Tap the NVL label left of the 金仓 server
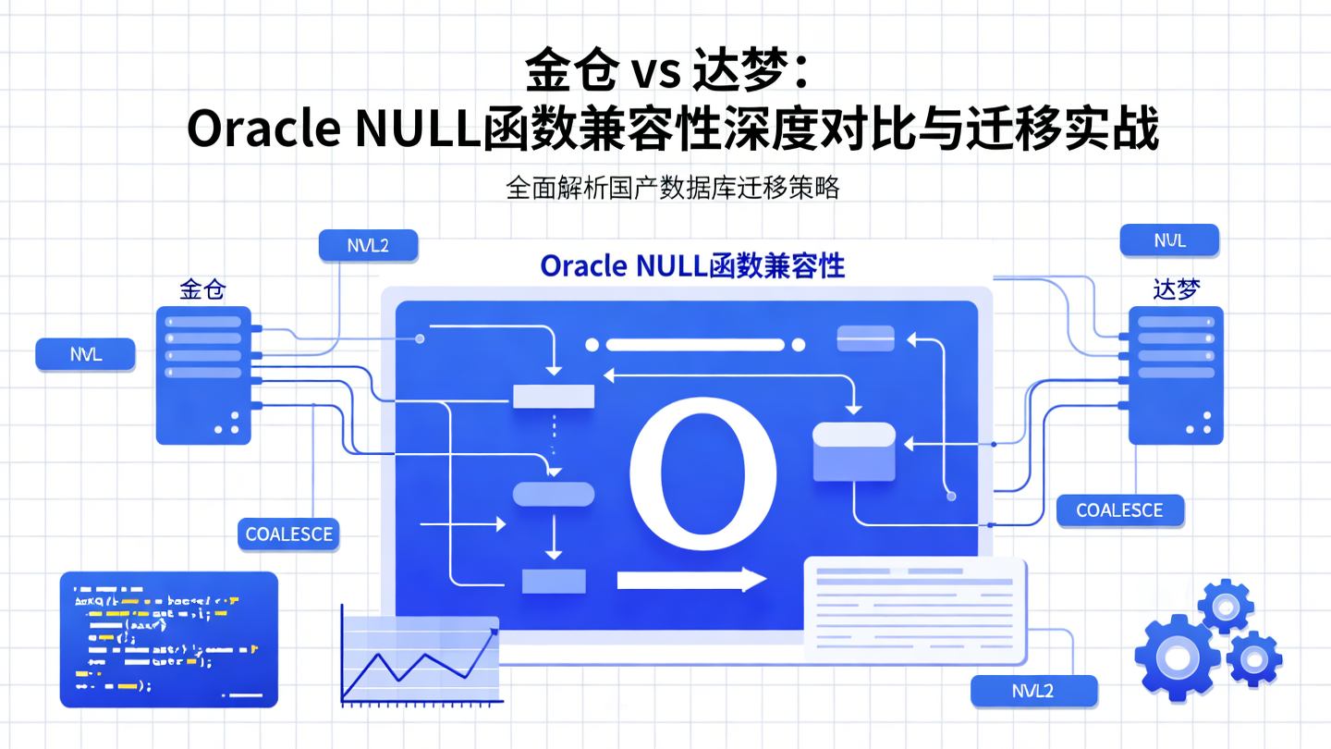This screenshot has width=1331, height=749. [x=86, y=355]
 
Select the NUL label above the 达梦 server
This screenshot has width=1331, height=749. [x=1169, y=241]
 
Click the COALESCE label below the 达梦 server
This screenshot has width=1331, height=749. [x=1119, y=510]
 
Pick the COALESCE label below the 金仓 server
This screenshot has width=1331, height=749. [x=288, y=534]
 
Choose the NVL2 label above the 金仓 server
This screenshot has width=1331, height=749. [x=367, y=245]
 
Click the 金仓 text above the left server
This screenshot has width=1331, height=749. [x=202, y=289]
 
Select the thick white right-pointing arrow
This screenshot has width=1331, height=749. [x=691, y=580]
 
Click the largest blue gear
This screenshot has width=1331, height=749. [x=1177, y=657]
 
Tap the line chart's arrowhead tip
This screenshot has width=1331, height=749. [x=495, y=631]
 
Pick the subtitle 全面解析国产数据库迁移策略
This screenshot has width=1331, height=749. [x=672, y=188]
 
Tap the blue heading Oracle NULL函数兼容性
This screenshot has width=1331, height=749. [x=692, y=266]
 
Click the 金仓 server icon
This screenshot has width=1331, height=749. [x=203, y=374]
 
